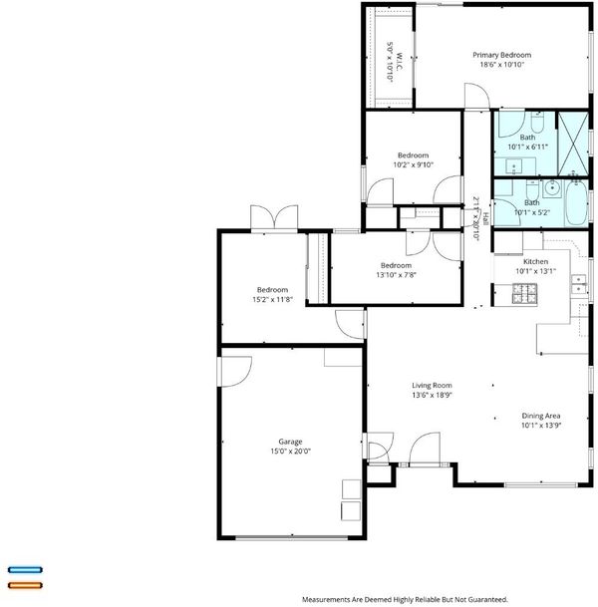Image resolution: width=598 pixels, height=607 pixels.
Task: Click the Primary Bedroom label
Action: pyautogui.click(x=501, y=55)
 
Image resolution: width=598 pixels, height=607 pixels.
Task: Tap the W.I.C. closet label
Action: pyautogui.click(x=400, y=61)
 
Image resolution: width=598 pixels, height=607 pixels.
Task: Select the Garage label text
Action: pyautogui.click(x=290, y=442)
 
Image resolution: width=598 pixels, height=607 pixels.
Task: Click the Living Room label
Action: pyautogui.click(x=432, y=385)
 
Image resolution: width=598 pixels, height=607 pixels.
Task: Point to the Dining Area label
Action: pyautogui.click(x=541, y=416)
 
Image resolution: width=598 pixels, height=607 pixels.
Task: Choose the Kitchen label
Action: pyautogui.click(x=535, y=261)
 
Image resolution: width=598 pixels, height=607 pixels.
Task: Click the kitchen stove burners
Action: pyautogui.click(x=525, y=293)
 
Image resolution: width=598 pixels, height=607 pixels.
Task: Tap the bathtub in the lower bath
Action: pyautogui.click(x=577, y=203)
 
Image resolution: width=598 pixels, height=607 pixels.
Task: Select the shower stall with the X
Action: pyautogui.click(x=573, y=144)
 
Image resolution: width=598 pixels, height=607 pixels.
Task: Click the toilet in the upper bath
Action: pyautogui.click(x=537, y=122)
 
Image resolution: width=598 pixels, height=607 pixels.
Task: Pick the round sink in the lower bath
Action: pyautogui.click(x=552, y=188)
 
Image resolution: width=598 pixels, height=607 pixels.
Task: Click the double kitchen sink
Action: pyautogui.click(x=579, y=284)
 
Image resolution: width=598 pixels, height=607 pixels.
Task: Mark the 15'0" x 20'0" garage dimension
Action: pyautogui.click(x=290, y=451)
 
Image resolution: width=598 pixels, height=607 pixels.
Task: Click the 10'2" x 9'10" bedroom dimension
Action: pyautogui.click(x=413, y=164)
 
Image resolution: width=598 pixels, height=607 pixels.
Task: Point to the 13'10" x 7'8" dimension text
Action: pyautogui.click(x=396, y=275)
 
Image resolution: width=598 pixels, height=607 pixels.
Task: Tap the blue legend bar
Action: pyautogui.click(x=25, y=569)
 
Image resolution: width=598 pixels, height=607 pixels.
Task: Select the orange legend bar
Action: pyautogui.click(x=25, y=585)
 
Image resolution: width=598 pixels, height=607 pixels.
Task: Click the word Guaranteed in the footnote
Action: pyautogui.click(x=487, y=600)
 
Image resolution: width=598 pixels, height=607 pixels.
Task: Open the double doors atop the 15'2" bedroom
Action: pyautogui.click(x=274, y=218)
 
